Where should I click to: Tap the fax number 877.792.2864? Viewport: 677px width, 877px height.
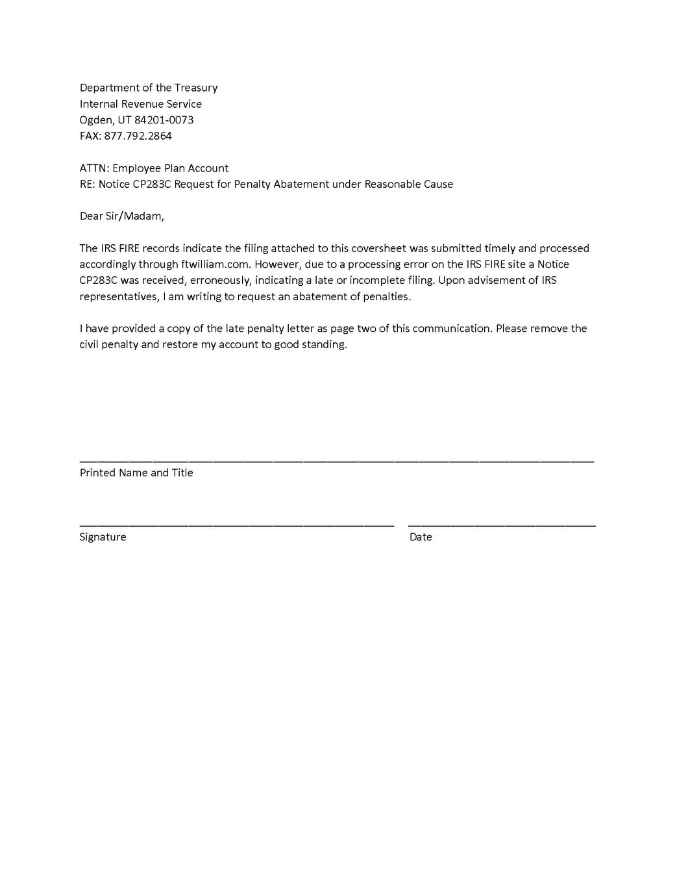(138, 136)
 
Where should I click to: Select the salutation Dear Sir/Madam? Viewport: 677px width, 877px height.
(121, 216)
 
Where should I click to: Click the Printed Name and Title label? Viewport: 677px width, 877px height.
(136, 472)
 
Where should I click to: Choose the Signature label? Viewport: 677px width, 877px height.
(103, 537)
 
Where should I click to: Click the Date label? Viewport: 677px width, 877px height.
(421, 537)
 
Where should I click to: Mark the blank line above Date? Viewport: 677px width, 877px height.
(501, 524)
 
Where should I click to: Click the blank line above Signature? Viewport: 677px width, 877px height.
(236, 524)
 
